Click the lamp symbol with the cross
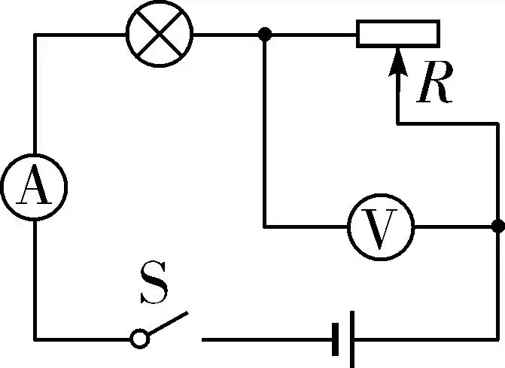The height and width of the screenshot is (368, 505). [x=160, y=33]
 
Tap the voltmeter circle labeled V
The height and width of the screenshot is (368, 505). [x=381, y=226]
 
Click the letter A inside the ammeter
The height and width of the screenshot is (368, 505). [x=33, y=187]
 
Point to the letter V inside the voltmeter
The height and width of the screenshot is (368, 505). [x=381, y=227]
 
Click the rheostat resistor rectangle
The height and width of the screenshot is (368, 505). [x=397, y=34]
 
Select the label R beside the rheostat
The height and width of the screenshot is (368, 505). [x=436, y=86]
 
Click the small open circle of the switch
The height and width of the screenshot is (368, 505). [x=139, y=339]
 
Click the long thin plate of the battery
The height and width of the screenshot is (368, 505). [x=352, y=339]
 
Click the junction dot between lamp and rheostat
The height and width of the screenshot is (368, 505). [x=264, y=34]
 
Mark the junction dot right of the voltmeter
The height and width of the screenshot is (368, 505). [x=497, y=226]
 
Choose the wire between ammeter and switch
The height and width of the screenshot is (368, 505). [x=35, y=286]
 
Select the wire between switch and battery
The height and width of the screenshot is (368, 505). [x=263, y=339]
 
